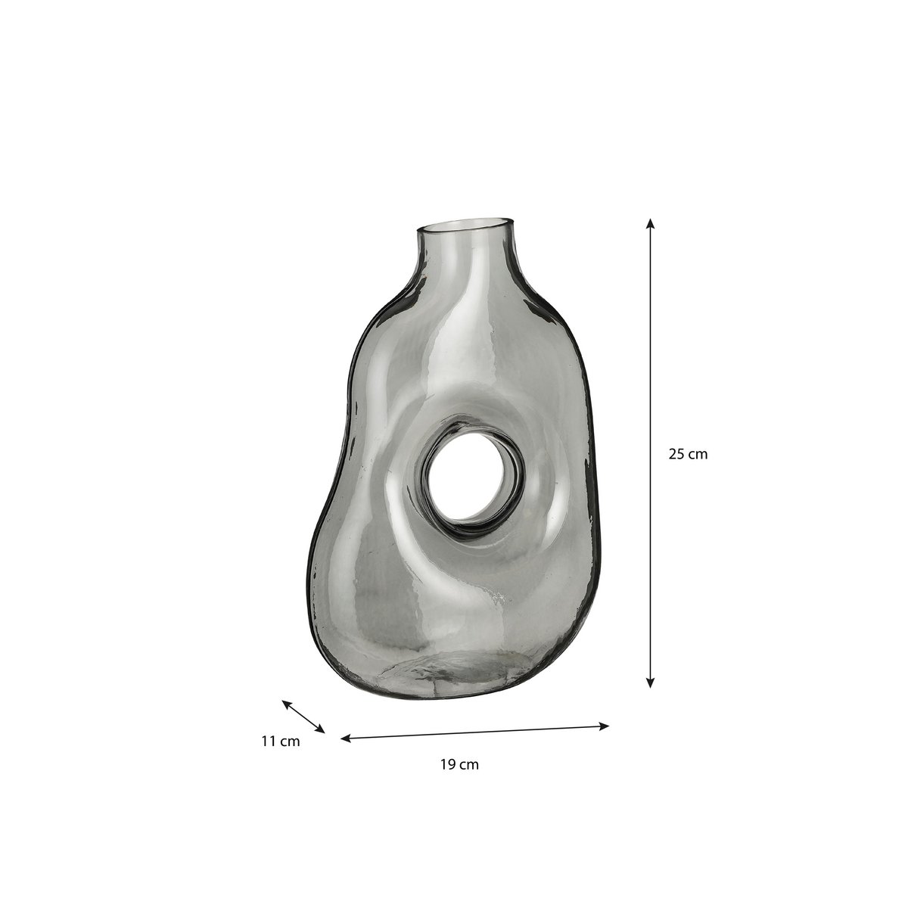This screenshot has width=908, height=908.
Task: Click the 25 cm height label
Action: [688, 454]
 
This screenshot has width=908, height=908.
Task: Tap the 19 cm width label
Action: [459, 764]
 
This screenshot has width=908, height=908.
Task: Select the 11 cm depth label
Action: [280, 742]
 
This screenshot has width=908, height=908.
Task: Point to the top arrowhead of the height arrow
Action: [649, 223]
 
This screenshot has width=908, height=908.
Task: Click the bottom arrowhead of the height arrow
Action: [649, 683]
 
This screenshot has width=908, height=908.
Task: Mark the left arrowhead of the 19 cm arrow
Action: [345, 738]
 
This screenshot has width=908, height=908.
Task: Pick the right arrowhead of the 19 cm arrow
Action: [605, 726]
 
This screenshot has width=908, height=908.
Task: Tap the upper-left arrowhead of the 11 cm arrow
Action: [286, 703]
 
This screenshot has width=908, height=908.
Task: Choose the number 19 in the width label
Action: [447, 764]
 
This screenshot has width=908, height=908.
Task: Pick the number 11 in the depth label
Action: [269, 742]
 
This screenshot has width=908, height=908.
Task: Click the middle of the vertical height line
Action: [649, 454]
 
